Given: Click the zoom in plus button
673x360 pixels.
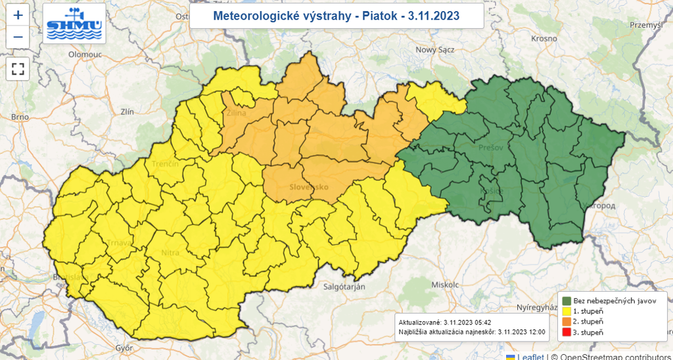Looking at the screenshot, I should tap(18, 14).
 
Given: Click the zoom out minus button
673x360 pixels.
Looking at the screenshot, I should tap(18, 37).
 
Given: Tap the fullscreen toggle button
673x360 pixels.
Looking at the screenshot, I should tap(18, 68).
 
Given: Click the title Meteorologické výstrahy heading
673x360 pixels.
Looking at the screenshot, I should tap(336, 15).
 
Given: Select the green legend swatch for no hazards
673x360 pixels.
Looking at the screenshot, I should tap(566, 300).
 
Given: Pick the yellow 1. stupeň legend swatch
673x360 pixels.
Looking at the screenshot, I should tap(566, 311).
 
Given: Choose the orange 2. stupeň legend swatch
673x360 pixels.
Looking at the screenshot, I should tap(566, 321).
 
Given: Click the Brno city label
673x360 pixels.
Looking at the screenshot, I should tap(20, 117).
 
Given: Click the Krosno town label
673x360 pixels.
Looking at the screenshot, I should tap(544, 39).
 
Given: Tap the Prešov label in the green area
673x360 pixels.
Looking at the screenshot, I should tap(491, 148).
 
